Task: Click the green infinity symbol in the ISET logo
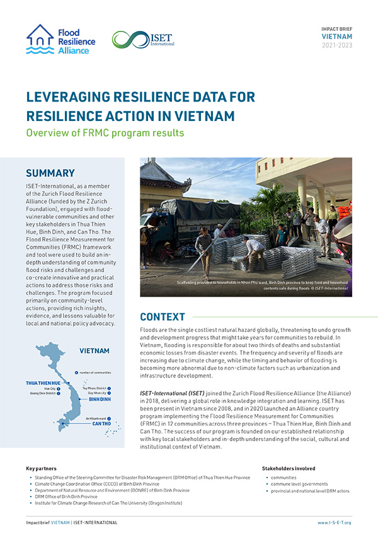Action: (x=125, y=39)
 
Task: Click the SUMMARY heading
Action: (x=50, y=173)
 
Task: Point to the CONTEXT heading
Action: (x=163, y=316)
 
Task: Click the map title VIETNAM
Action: (x=94, y=351)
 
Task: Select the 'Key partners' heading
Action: (x=42, y=469)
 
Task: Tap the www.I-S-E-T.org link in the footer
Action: (x=334, y=523)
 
